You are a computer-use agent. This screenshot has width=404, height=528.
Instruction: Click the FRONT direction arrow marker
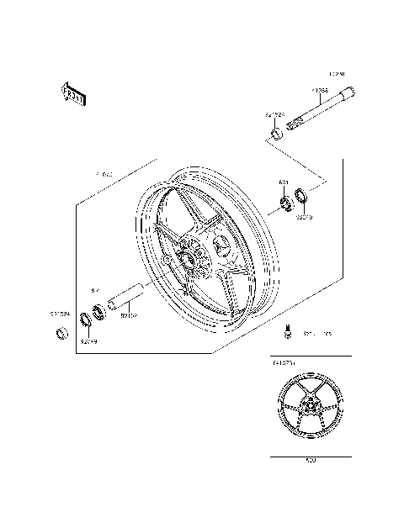coord(73,94)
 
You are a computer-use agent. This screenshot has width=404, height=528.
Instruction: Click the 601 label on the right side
coord(284,182)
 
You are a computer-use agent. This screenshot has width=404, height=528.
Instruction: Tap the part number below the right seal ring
coord(303,217)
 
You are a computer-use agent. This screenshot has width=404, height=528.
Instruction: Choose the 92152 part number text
coord(129,316)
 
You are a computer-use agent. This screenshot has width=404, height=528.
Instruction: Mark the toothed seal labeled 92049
coord(85,320)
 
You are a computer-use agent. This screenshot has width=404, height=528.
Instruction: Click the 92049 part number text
coord(89,341)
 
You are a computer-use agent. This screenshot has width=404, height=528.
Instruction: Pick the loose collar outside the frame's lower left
coord(61,335)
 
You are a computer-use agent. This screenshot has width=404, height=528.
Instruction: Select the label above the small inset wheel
coord(282,362)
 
